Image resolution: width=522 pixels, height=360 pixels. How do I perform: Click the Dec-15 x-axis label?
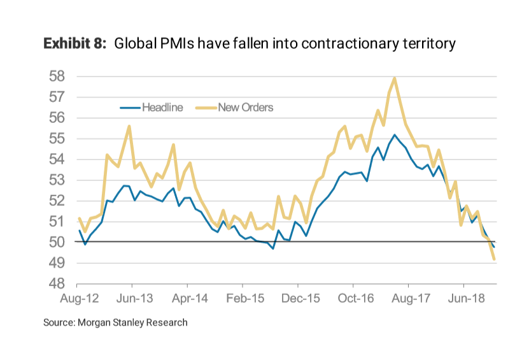(298, 298)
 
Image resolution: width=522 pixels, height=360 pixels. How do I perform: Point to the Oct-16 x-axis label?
(353, 298)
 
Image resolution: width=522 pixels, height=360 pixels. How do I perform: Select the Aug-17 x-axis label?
(409, 298)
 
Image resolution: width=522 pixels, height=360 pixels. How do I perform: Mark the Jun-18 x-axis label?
(464, 298)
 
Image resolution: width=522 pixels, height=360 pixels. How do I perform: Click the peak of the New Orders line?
(395, 78)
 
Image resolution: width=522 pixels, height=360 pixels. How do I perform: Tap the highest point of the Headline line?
(395, 135)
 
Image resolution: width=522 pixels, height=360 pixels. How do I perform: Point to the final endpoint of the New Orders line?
(495, 259)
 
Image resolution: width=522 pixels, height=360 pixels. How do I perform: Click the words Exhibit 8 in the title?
(74, 44)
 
